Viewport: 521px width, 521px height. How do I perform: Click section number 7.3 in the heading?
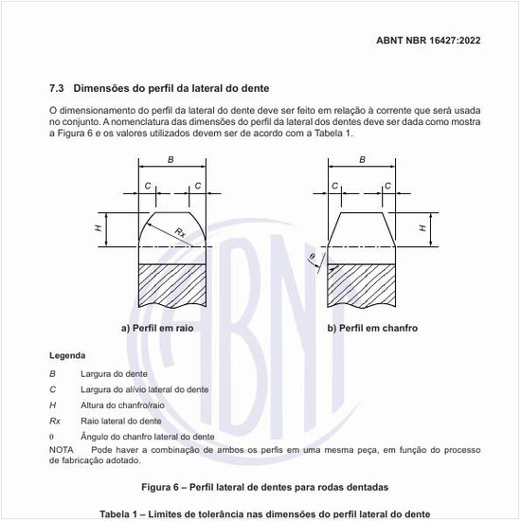point(57,86)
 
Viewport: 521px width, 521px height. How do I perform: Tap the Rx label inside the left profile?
point(180,231)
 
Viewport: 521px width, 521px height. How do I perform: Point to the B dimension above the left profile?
point(171,160)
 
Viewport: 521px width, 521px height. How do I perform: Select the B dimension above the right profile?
point(362,160)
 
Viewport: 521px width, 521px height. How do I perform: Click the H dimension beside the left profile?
point(99,228)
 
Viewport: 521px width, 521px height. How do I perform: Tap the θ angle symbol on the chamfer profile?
point(310,257)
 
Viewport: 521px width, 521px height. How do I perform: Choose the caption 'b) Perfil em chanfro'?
point(372,329)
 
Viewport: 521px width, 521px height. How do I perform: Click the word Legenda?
point(66,356)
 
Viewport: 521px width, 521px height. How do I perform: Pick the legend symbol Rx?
point(55,420)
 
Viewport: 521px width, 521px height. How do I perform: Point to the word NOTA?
point(61,449)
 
